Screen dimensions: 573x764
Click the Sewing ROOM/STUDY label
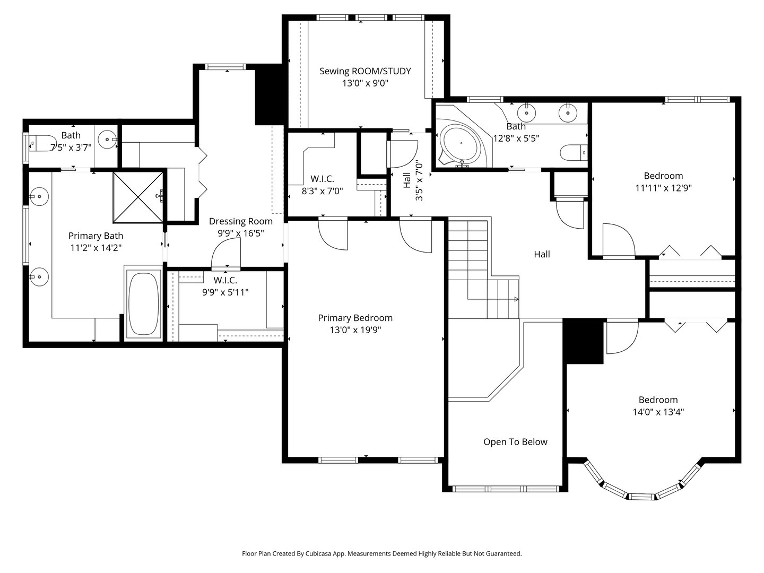365,71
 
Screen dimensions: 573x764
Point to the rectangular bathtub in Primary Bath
143,303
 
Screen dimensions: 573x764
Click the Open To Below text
515,442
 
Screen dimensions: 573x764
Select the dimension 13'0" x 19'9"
355,330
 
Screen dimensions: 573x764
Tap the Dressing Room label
240,221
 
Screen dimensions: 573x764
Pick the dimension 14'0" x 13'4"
658,412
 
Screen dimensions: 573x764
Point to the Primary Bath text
95,236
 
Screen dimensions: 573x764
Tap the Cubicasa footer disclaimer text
381,553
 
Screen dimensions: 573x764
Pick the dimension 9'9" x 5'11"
225,292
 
